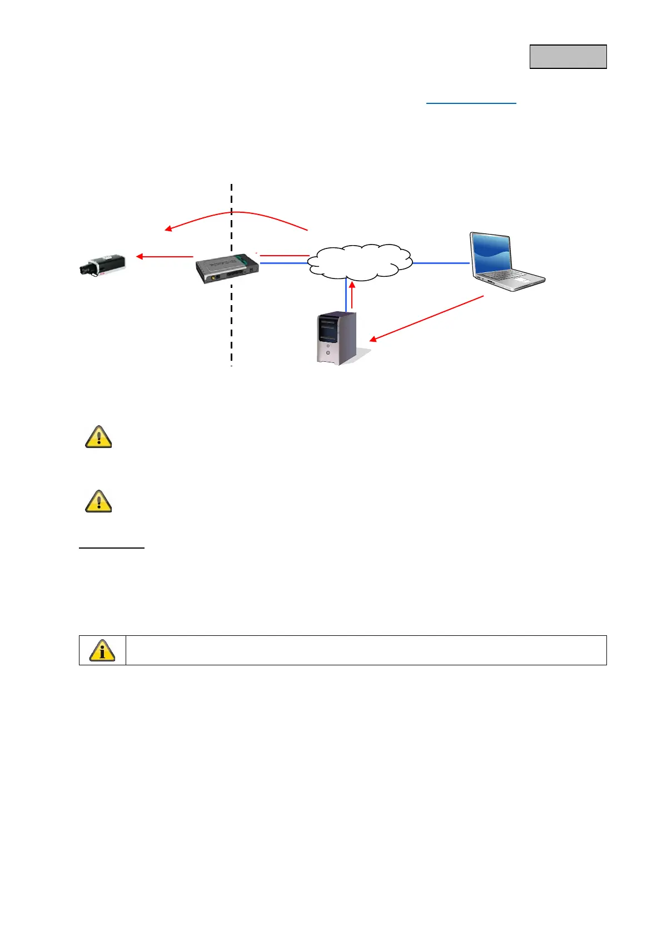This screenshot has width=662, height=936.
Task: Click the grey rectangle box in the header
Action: pos(568,57)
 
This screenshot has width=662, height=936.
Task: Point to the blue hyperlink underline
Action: pos(471,103)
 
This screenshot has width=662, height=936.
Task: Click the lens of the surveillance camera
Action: pos(83,270)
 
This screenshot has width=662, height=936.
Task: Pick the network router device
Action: pos(227,268)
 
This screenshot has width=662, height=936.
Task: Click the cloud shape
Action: pos(360,262)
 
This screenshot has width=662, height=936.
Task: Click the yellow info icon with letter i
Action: pos(102,650)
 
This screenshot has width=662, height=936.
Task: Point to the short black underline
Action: pos(111,548)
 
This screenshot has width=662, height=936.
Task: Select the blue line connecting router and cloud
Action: pos(284,263)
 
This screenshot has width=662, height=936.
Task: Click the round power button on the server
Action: pos(328,352)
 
